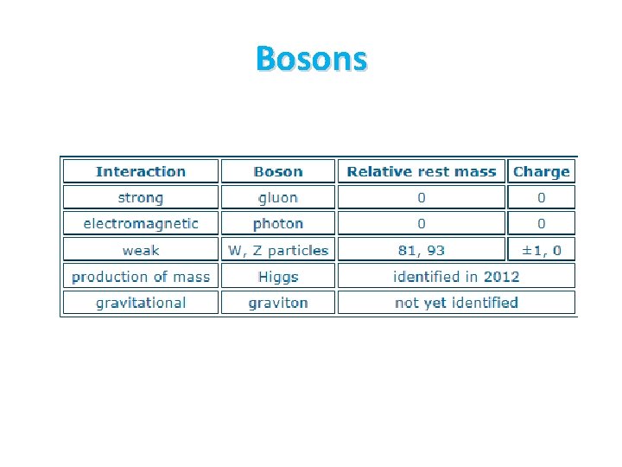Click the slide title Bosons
click(311, 58)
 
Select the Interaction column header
click(141, 171)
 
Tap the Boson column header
click(278, 171)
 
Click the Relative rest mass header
click(422, 171)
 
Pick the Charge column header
click(541, 171)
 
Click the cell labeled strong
click(141, 197)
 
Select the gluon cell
click(278, 197)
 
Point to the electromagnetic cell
click(141, 223)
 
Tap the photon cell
click(278, 223)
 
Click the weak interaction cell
click(141, 250)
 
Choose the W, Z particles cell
click(278, 250)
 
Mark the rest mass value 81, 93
click(422, 250)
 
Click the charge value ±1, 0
click(541, 250)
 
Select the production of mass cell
click(141, 276)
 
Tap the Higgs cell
click(278, 276)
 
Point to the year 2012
click(502, 276)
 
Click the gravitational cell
click(141, 302)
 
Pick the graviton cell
click(278, 302)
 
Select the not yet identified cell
click(456, 302)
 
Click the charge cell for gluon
click(541, 197)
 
